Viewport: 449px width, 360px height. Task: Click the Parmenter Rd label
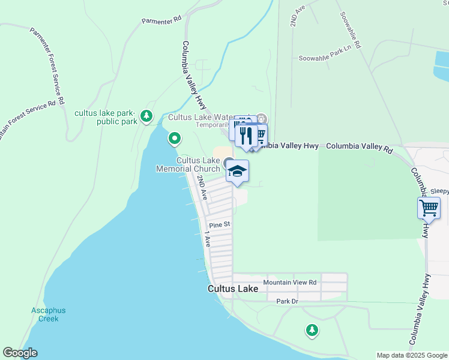(161, 20)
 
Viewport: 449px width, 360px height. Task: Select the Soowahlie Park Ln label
(324, 58)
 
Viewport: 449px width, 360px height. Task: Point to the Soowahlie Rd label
(351, 30)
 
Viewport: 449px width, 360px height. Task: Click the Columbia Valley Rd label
(358, 146)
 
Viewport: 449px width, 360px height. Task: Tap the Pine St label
(220, 224)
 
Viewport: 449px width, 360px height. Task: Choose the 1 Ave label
(208, 239)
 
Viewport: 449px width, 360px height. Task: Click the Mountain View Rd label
(289, 282)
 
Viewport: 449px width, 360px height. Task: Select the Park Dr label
(287, 301)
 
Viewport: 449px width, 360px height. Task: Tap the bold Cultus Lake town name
(233, 289)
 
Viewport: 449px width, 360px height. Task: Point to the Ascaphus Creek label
(49, 314)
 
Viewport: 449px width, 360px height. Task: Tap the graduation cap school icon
(237, 171)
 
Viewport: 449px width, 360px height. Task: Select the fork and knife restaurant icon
(246, 136)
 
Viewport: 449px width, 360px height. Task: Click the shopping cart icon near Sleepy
(429, 208)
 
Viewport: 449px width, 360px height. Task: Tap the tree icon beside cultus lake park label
(146, 115)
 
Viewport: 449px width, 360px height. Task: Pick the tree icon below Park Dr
(312, 329)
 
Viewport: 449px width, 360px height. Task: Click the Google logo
(20, 353)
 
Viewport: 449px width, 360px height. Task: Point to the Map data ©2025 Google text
(411, 355)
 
